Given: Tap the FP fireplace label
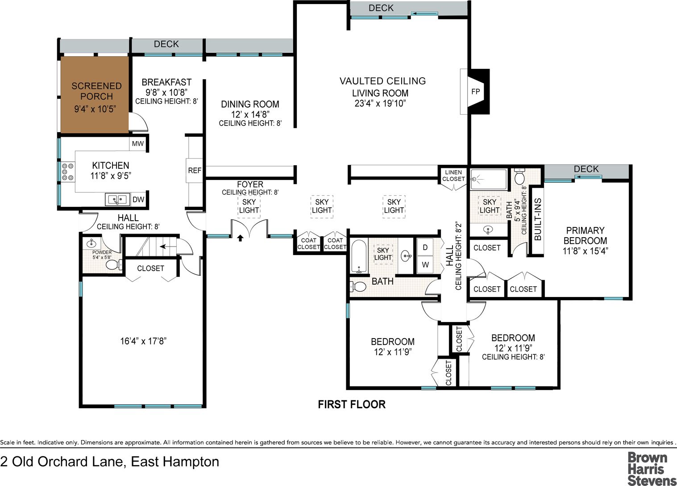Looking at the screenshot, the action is tap(475, 91).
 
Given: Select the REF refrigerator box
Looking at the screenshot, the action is tap(194, 170).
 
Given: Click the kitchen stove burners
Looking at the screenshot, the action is tap(68, 172).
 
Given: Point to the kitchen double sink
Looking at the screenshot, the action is tap(117, 200).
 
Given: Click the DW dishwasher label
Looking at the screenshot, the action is tap(138, 199).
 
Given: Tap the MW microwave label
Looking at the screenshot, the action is tap(138, 143).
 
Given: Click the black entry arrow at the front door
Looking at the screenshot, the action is tap(240, 238).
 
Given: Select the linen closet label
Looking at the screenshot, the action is tap(453, 176).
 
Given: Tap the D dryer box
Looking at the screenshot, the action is tap(425, 247).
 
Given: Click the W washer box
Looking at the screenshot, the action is tap(425, 264).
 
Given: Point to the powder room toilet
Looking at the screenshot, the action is tap(113, 265).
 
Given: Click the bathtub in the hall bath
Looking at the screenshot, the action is tap(359, 256).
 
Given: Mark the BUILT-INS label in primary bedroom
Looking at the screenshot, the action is tap(538, 219).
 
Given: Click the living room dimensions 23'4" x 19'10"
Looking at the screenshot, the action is tap(380, 104).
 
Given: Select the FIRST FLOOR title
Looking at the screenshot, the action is tap(352, 404).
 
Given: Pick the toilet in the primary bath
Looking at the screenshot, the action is tap(519, 177).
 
